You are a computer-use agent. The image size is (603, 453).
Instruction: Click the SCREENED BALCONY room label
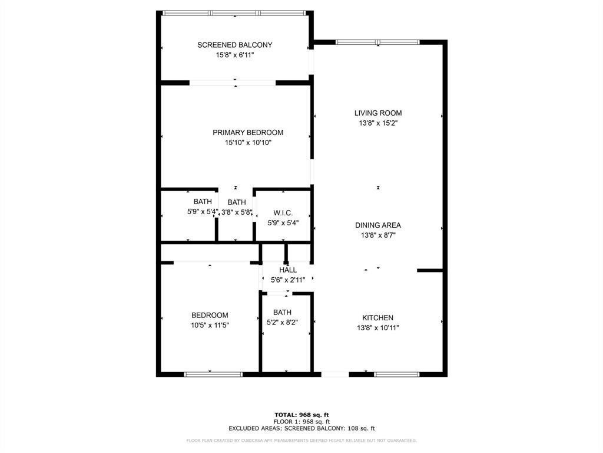[x=234, y=45]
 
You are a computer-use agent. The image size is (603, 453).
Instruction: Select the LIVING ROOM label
[x=377, y=113]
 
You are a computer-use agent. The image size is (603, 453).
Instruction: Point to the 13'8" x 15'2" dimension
[x=377, y=123]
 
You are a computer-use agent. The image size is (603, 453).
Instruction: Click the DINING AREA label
[x=377, y=225]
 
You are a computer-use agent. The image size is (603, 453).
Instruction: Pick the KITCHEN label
[x=377, y=318]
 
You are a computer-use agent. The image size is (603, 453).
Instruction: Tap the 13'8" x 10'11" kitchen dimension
[x=377, y=328]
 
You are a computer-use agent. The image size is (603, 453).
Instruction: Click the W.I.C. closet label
[x=283, y=213]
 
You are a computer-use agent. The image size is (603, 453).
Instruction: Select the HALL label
[x=288, y=270]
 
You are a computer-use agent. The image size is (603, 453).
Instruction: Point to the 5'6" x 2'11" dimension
[x=288, y=280]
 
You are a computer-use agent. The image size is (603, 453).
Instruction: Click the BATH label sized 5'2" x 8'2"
[x=282, y=313]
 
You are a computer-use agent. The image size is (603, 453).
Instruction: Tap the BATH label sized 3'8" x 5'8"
[x=237, y=202]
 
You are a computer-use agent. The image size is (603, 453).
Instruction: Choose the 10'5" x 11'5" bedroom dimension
[x=209, y=325]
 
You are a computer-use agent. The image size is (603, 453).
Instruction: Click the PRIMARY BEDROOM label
[x=248, y=133]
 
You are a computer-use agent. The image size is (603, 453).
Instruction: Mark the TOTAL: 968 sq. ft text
[x=301, y=415]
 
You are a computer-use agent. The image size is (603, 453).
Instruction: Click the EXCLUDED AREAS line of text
[x=301, y=429]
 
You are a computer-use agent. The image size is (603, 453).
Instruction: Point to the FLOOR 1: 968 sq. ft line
[x=301, y=422]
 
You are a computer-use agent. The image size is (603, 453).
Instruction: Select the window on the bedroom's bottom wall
[x=213, y=374]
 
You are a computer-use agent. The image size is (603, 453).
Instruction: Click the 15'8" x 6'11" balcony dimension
[x=234, y=55]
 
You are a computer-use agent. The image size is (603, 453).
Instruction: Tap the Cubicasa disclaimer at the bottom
[x=301, y=441]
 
